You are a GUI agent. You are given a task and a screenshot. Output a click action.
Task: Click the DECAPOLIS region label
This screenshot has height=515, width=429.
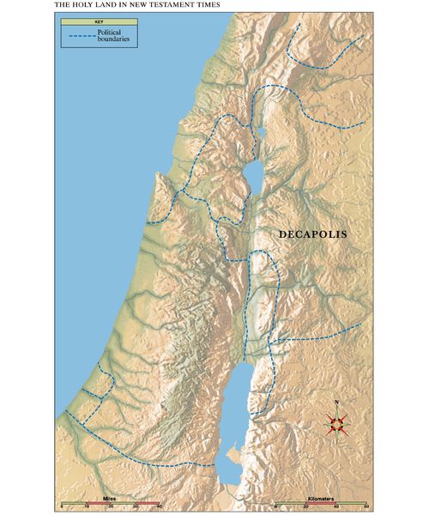point(317,233)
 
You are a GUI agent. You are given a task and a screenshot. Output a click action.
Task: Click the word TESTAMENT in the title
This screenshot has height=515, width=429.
point(172,5)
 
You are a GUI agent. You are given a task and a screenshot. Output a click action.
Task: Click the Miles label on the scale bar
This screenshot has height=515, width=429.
point(110,497)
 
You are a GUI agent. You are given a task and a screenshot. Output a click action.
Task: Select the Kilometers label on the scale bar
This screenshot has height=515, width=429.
point(320,497)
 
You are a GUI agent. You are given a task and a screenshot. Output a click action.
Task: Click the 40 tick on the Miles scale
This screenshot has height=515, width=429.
point(159,506)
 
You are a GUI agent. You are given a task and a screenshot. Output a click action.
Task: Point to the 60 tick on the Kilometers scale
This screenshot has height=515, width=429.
point(366,506)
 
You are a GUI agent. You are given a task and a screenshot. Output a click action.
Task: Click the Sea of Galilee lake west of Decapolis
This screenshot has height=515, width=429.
point(254,175)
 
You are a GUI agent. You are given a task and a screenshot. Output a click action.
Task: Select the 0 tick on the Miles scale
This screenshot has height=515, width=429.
point(62,506)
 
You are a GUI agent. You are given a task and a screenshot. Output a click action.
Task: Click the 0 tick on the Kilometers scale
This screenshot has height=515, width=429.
point(275,506)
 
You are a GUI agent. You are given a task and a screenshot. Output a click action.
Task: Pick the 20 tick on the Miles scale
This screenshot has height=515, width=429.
point(110,506)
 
